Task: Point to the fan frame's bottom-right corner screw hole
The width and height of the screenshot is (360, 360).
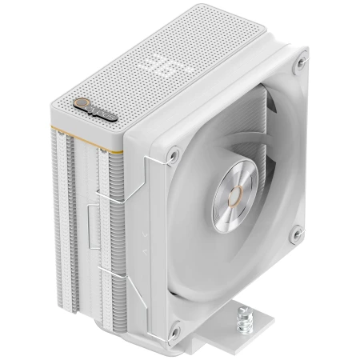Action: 298,233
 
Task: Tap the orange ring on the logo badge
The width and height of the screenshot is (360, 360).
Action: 69,106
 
